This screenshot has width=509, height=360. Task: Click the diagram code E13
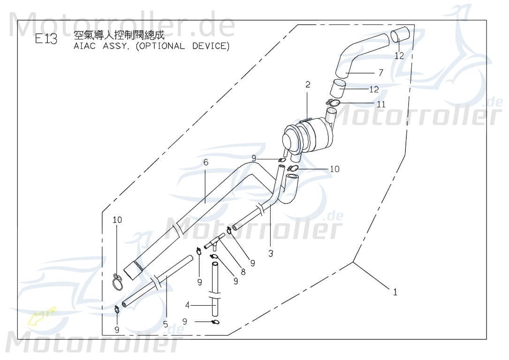[x=46, y=39]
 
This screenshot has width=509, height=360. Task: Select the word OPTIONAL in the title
[x=163, y=46]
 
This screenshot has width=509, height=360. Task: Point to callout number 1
[x=395, y=292]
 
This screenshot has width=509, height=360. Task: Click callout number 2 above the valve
[x=308, y=85]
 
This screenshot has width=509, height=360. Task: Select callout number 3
[x=271, y=254]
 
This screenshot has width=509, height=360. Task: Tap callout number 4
[x=188, y=305]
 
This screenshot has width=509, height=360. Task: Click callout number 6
[x=205, y=162]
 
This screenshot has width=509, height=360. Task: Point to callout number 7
[x=381, y=73]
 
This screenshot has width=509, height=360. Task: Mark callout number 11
[x=381, y=104]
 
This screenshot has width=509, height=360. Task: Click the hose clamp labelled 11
[x=334, y=103]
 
